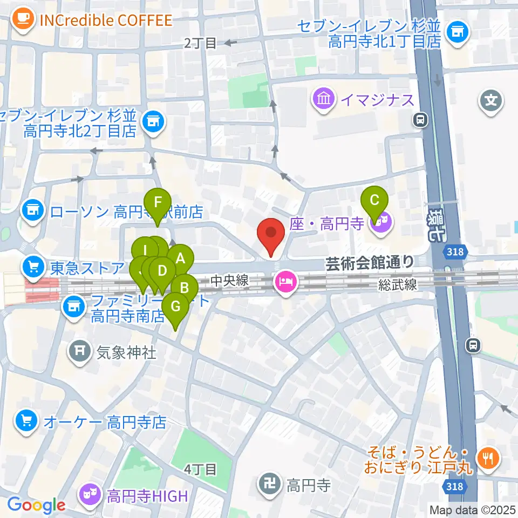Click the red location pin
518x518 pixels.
[x=271, y=234]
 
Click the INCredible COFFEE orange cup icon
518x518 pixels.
[x=22, y=19]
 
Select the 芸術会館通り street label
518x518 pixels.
[x=370, y=263]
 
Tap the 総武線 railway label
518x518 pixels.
[x=397, y=285]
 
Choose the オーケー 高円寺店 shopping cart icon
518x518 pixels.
[x=26, y=421]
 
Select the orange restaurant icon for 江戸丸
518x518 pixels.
[x=490, y=459]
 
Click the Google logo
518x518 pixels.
[x=36, y=505]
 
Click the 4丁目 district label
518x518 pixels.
[x=200, y=469]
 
